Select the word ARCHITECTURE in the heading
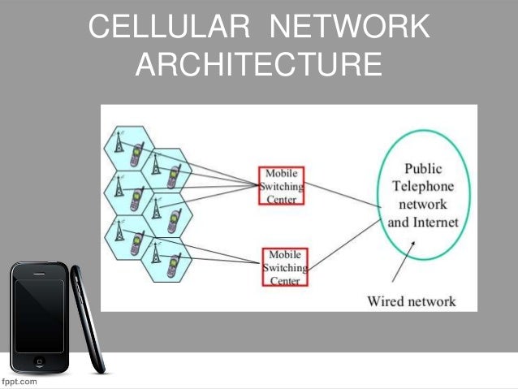pyautogui.click(x=258, y=65)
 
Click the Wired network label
pyautogui.click(x=412, y=301)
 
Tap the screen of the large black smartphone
pyautogui.click(x=37, y=313)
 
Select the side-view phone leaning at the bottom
pyautogui.click(x=87, y=325)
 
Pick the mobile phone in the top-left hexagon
pyautogui.click(x=137, y=153)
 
